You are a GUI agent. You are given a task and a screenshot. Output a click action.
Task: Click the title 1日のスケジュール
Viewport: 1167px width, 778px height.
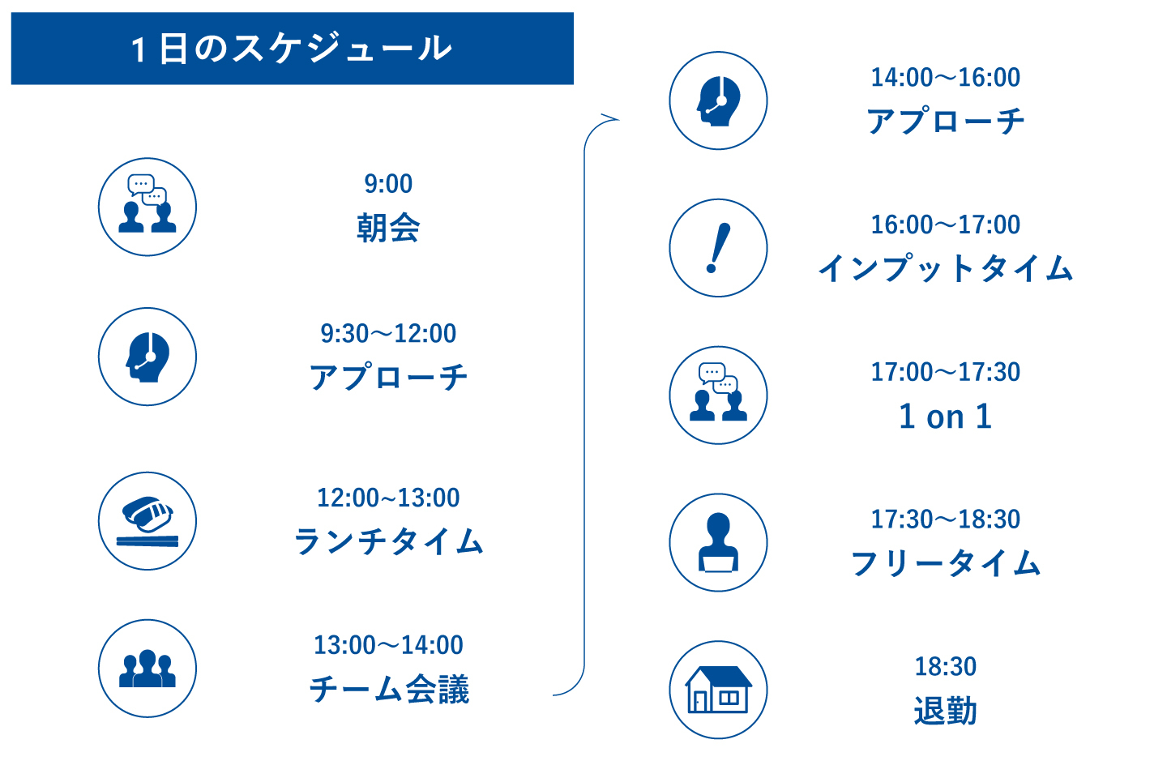pos(291,49)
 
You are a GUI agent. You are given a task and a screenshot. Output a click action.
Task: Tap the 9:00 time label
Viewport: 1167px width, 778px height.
pos(388,183)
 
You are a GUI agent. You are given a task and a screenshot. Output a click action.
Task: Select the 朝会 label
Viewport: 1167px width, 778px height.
pos(388,228)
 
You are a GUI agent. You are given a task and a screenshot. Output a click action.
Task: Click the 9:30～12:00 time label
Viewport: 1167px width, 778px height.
pos(388,334)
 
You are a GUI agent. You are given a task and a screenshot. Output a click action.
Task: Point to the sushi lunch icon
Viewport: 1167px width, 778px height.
pos(147,521)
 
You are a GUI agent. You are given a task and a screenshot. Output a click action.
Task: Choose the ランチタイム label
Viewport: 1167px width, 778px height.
pos(389,541)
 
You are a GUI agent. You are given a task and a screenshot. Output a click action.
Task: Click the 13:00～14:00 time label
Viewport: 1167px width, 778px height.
pos(388,645)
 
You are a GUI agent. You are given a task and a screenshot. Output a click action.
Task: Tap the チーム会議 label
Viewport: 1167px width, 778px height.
pos(389,689)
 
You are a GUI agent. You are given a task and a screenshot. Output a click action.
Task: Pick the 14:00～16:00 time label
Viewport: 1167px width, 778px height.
pos(945,77)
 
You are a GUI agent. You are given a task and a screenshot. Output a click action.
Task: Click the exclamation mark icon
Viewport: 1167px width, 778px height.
pos(718,248)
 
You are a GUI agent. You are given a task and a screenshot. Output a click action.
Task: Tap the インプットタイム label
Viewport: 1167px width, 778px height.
pos(945,268)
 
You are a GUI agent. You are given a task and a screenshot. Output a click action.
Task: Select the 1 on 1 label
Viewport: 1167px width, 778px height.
pos(945,417)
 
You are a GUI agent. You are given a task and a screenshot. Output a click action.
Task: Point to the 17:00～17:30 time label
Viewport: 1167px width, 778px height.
pos(945,372)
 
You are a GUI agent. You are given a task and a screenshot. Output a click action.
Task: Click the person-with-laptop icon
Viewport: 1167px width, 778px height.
pos(718,542)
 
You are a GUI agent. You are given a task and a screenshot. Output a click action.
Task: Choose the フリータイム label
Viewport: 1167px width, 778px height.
pos(945,563)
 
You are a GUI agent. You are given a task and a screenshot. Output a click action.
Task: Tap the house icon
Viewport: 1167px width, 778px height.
pos(718,690)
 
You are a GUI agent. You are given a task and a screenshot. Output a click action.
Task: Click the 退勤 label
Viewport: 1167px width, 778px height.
pos(945,710)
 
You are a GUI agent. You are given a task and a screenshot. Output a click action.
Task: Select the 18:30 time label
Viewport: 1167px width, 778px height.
pos(945,666)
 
